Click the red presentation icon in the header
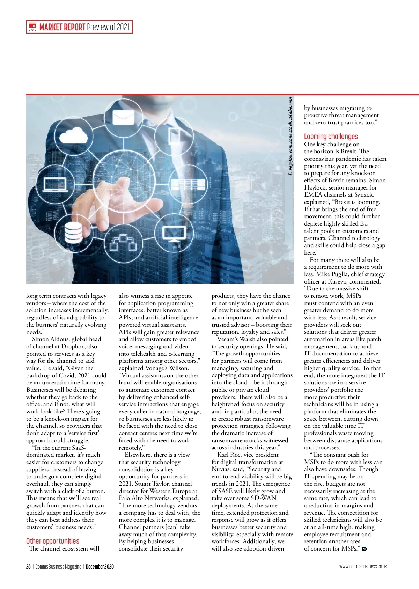[x=32, y=27]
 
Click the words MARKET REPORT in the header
[x=63, y=27]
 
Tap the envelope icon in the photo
[x=124, y=117]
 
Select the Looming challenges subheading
[x=331, y=137]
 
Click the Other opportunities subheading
[x=53, y=541]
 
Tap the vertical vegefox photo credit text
[x=290, y=137]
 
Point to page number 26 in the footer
[x=28, y=566]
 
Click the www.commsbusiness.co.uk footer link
[x=363, y=566]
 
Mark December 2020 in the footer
[x=100, y=566]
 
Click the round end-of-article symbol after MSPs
[x=365, y=549]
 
